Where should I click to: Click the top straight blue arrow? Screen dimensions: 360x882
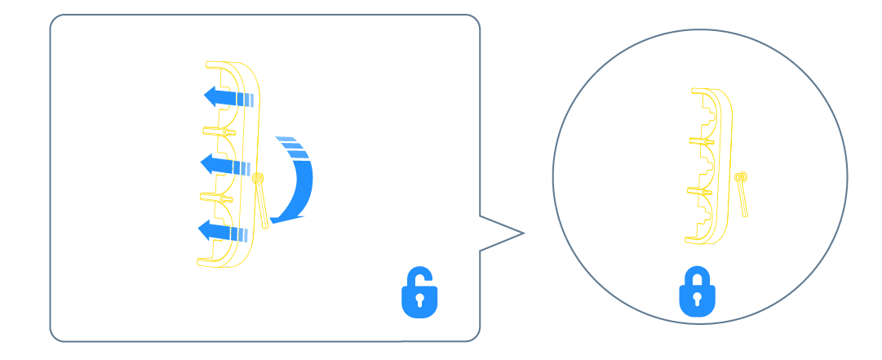point(229,98)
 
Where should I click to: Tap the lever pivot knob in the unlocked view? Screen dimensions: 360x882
point(258,178)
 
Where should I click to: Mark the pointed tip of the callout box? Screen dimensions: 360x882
point(523,234)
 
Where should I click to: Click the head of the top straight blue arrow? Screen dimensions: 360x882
point(211,97)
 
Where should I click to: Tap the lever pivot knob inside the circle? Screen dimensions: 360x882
point(740,176)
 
